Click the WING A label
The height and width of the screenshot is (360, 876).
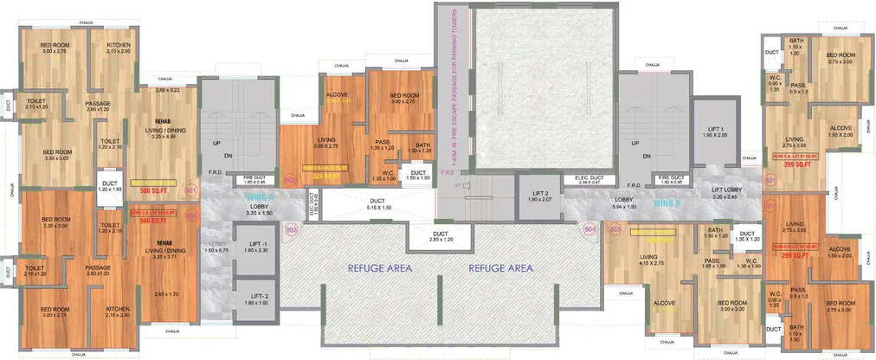coord(240,199)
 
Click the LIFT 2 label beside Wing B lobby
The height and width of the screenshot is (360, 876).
coord(540,196)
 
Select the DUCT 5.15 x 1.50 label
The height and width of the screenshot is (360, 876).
coord(381,204)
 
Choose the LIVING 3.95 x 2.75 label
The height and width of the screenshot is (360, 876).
coord(326,142)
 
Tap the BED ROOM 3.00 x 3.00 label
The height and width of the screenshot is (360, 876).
coord(732,306)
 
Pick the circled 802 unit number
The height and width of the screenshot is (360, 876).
coord(290,180)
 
